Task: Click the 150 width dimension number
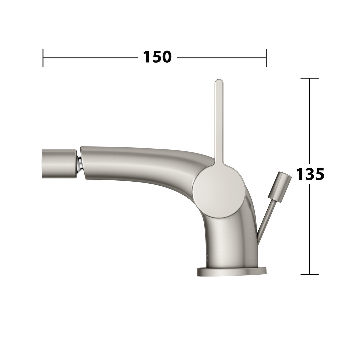(x=157, y=57)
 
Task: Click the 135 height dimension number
(x=310, y=174)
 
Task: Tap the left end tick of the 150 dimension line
(x=43, y=58)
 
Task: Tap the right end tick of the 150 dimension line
(x=266, y=58)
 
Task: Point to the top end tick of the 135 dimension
(x=309, y=78)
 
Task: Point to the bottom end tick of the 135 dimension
(x=309, y=274)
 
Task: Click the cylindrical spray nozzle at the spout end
(x=59, y=164)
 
